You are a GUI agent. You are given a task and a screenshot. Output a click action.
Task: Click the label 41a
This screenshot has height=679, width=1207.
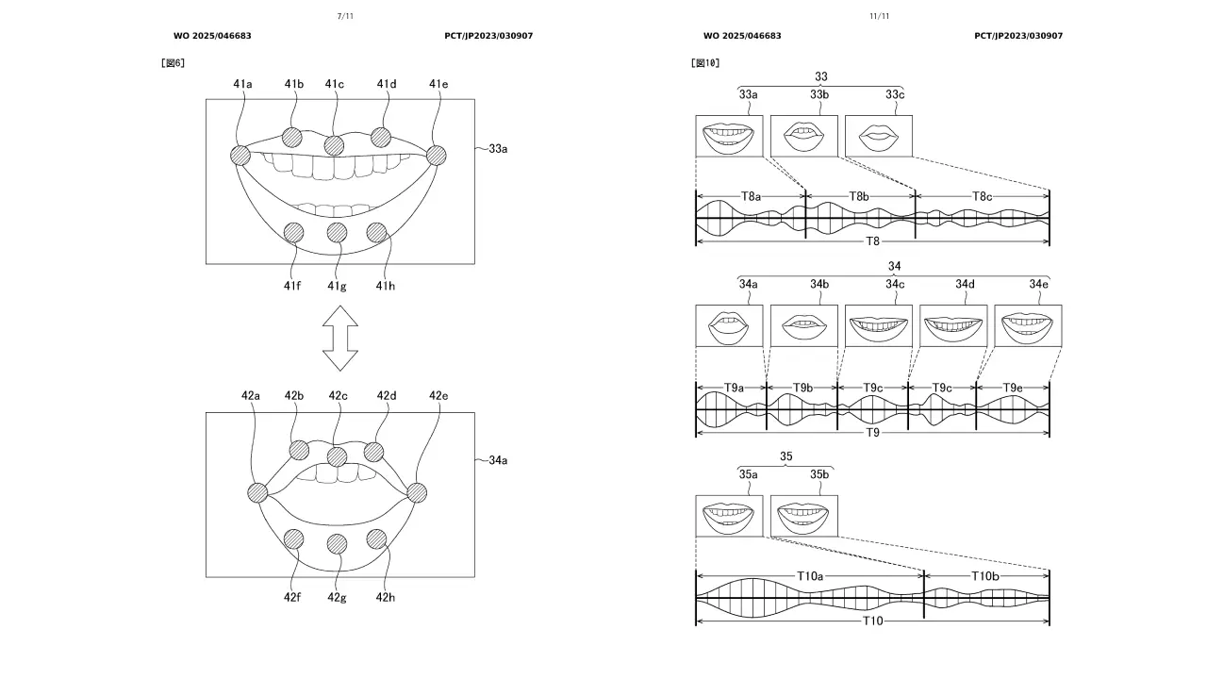tap(242, 84)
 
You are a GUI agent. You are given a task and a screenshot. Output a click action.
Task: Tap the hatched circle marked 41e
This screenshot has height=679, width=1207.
tap(437, 156)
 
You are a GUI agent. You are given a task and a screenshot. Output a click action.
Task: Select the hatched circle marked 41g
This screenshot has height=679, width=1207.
tap(337, 233)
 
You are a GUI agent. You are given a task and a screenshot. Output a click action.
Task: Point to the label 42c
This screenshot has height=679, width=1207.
tap(338, 396)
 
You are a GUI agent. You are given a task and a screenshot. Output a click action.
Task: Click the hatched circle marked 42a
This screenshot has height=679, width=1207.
tap(257, 492)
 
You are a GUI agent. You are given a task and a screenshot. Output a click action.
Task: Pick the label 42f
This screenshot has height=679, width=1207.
tap(292, 597)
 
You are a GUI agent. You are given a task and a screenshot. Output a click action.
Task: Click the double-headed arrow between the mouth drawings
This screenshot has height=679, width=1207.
tap(340, 339)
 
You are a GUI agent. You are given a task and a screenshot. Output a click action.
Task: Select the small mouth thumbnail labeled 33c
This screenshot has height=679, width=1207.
tap(878, 136)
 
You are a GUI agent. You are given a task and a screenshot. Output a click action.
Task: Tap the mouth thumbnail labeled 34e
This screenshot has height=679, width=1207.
tap(1028, 325)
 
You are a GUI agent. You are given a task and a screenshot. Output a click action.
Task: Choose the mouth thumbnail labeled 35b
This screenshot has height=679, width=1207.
tap(804, 516)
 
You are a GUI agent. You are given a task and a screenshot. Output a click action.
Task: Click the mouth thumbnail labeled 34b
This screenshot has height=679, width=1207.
tap(804, 325)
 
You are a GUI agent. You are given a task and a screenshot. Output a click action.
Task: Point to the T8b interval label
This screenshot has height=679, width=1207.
tap(859, 197)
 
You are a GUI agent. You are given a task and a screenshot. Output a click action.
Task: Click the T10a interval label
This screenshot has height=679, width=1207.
tap(810, 576)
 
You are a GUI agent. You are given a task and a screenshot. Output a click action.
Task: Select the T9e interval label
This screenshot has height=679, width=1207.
tap(1013, 388)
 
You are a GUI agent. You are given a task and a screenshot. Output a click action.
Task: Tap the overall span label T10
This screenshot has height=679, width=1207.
tap(872, 621)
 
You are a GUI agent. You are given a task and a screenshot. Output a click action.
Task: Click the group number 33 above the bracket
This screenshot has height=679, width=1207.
tap(820, 76)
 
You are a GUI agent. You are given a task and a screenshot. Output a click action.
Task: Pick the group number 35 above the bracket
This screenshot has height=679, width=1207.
tap(786, 456)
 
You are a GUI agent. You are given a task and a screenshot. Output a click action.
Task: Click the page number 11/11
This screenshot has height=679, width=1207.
tap(880, 16)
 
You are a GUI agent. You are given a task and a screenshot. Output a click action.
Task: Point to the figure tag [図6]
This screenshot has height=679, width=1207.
tap(173, 63)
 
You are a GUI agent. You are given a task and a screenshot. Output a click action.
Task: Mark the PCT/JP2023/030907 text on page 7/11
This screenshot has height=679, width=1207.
tap(488, 36)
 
